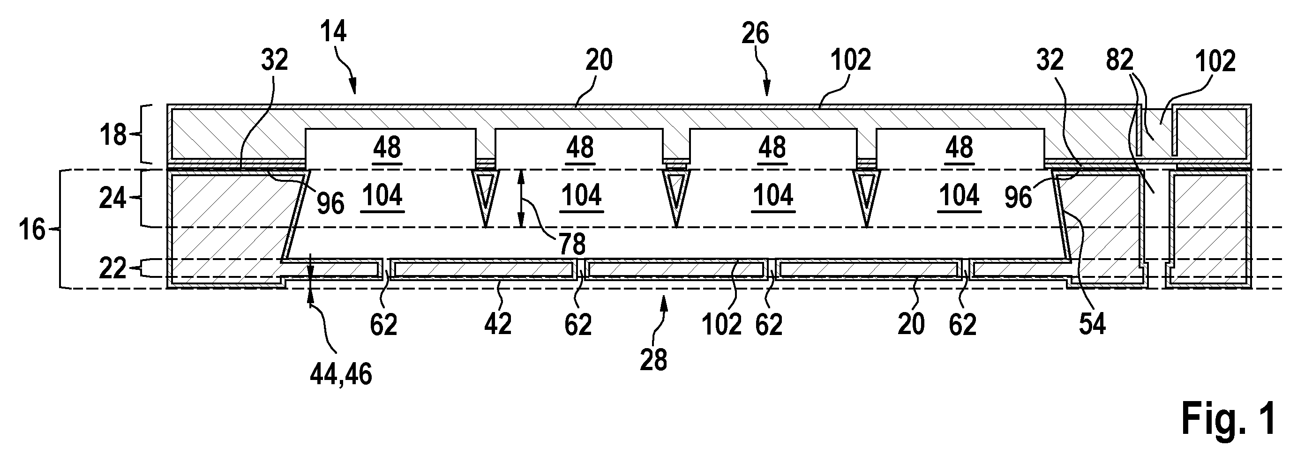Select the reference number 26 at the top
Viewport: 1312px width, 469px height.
coord(755,34)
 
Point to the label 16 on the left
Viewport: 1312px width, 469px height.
coord(32,230)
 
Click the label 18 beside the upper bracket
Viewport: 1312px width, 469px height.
coord(112,135)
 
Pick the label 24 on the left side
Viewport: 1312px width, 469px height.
coord(112,198)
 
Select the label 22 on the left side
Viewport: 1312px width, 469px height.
coord(112,268)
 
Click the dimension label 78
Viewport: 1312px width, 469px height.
coord(572,245)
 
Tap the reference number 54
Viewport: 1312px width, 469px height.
coord(1092,324)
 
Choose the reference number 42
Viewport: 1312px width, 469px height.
coord(498,323)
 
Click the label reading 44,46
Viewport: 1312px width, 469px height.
coord(341,375)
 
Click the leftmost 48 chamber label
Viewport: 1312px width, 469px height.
coord(387,148)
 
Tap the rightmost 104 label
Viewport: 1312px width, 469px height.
coord(960,195)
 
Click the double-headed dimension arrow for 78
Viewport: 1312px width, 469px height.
coord(520,198)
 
